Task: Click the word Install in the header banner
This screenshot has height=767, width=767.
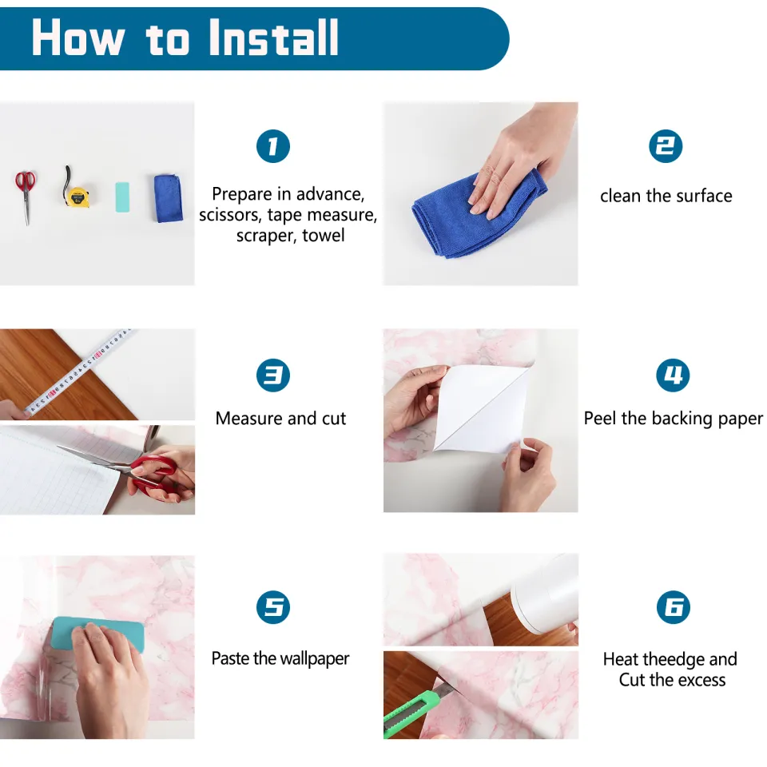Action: [x=273, y=38]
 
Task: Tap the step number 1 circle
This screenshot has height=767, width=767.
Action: [x=273, y=146]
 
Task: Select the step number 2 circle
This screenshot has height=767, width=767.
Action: [x=666, y=146]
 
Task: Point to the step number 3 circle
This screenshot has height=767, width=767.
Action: [x=273, y=376]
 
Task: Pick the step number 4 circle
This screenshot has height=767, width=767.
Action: [x=673, y=376]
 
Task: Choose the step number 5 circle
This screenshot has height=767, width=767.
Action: [x=273, y=607]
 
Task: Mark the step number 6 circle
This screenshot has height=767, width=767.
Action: [x=674, y=607]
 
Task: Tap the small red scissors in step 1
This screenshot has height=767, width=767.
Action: [x=26, y=197]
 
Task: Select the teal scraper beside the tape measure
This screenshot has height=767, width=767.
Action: [x=122, y=197]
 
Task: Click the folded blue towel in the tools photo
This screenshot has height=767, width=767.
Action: [x=169, y=198]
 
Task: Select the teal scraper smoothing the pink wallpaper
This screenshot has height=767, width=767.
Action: [x=97, y=634]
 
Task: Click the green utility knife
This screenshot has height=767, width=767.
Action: [x=413, y=710]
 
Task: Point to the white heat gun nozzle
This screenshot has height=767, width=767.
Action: [x=544, y=594]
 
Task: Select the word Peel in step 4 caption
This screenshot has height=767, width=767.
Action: [x=601, y=418]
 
